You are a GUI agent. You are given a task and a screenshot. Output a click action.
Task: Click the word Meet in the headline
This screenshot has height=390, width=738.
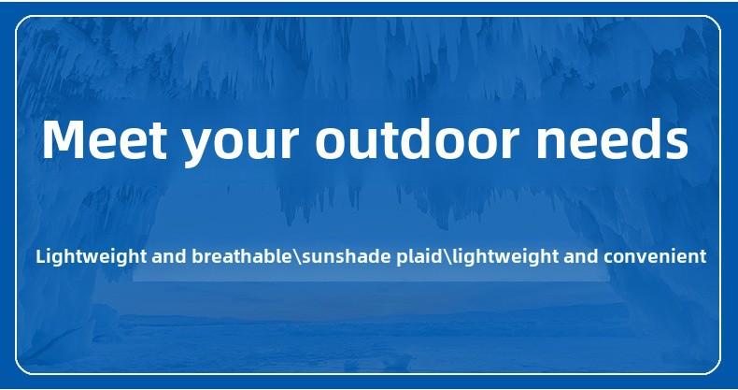pyautogui.click(x=105, y=139)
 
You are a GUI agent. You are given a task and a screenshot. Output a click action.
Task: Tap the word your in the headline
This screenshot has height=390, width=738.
pyautogui.click(x=240, y=145)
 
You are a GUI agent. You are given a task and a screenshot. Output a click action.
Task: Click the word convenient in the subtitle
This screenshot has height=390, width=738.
pyautogui.click(x=655, y=256)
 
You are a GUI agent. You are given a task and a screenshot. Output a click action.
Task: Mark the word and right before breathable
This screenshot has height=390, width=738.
pyautogui.click(x=169, y=256)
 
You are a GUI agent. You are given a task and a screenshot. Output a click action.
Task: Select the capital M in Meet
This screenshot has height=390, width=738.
pyautogui.click(x=64, y=139)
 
